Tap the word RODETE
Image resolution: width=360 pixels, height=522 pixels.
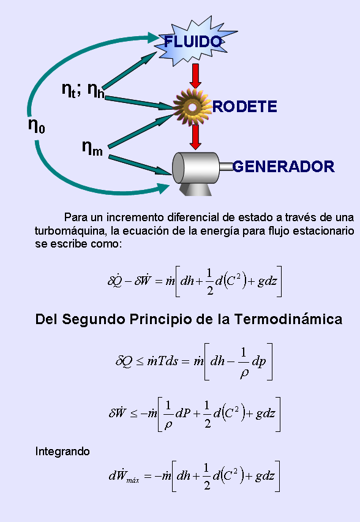click(244, 107)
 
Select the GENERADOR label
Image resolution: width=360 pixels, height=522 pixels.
click(283, 167)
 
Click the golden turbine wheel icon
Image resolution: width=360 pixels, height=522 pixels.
click(192, 107)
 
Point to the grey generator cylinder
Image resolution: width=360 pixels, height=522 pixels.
click(196, 168)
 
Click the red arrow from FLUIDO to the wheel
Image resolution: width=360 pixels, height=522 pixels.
click(196, 76)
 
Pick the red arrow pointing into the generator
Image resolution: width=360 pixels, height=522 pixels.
click(196, 137)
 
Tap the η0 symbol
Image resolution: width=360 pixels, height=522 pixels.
click(37, 126)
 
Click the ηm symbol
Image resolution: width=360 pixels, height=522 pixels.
click(92, 148)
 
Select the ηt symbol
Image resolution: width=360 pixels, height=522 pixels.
click(69, 90)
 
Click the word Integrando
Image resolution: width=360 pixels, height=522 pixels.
click(62, 452)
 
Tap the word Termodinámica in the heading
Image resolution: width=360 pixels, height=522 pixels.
click(288, 319)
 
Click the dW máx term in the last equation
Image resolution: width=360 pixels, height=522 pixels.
click(124, 475)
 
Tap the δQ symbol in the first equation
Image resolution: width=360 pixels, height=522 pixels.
click(114, 281)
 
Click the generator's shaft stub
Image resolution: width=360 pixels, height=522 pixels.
click(227, 167)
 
